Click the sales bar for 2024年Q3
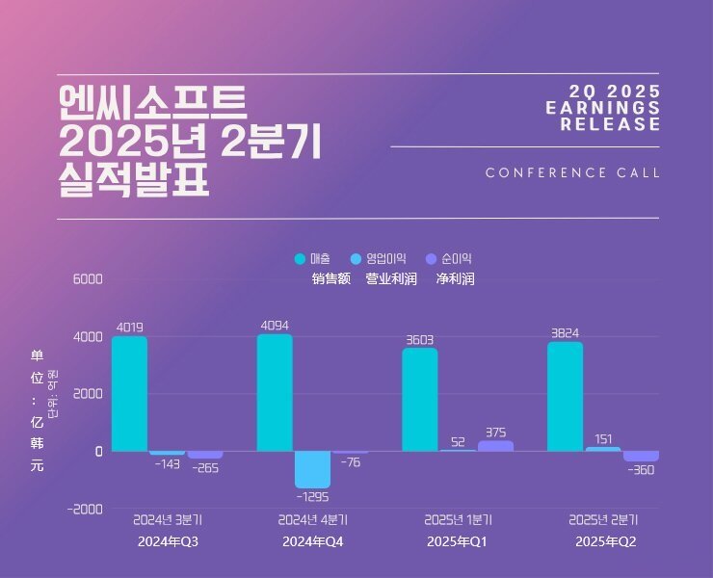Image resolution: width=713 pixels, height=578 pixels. [129, 393]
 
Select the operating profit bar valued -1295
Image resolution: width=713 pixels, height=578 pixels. [312, 469]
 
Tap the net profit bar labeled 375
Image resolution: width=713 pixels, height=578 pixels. [495, 446]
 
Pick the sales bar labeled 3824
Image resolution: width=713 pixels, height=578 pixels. [565, 396]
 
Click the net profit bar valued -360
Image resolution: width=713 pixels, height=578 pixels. [641, 456]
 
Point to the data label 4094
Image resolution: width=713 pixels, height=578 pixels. [275, 326]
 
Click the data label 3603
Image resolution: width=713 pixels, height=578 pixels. [419, 339]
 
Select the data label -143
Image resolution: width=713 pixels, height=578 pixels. [167, 463]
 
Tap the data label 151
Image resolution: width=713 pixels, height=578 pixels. [602, 439]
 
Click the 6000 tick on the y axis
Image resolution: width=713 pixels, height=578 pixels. [87, 279]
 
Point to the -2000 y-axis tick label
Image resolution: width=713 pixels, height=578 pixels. [84, 509]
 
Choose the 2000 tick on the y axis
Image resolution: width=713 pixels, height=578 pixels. [87, 394]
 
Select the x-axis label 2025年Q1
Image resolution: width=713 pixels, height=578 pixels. [457, 542]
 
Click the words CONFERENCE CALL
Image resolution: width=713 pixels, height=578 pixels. [572, 173]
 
